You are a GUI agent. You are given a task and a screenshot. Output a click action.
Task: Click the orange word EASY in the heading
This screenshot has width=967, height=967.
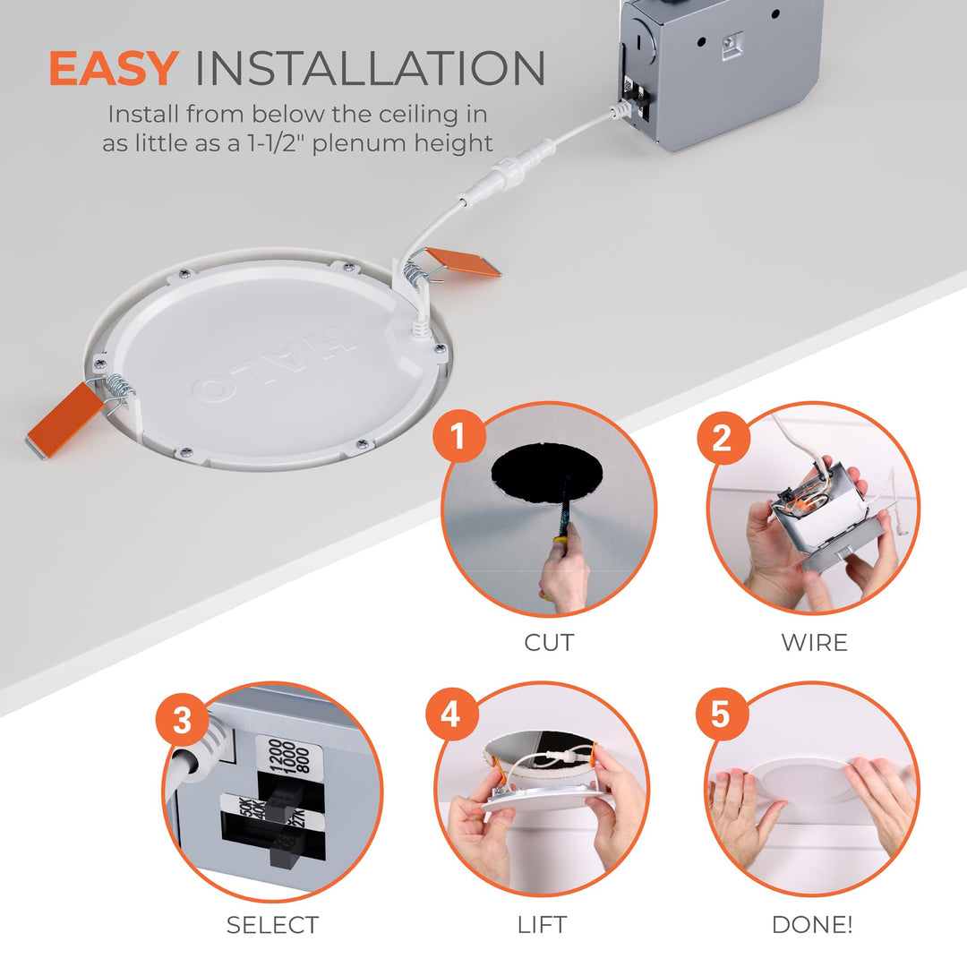[113, 69]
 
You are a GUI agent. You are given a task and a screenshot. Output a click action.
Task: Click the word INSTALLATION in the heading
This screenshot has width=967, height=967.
[370, 69]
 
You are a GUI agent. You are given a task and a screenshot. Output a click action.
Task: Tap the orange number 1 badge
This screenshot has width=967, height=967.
[458, 438]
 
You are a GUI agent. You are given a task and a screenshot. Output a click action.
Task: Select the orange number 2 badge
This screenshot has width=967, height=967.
[722, 438]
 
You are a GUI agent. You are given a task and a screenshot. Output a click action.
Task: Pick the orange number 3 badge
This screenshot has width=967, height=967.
[183, 720]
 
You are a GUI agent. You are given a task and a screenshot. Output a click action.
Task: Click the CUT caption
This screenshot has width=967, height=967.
[549, 643]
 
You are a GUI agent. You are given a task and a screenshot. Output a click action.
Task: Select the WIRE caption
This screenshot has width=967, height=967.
[814, 643]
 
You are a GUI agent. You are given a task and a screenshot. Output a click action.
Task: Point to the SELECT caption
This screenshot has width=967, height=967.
[272, 925]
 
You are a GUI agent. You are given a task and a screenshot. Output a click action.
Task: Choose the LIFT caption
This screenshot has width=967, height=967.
[542, 925]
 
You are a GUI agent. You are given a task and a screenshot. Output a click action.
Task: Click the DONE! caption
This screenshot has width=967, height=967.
[812, 925]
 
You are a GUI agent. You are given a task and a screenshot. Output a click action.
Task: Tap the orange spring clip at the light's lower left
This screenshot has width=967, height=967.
[65, 419]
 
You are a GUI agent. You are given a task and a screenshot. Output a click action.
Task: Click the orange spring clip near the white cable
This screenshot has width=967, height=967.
[463, 261]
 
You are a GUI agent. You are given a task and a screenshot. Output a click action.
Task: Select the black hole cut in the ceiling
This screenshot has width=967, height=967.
[548, 473]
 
